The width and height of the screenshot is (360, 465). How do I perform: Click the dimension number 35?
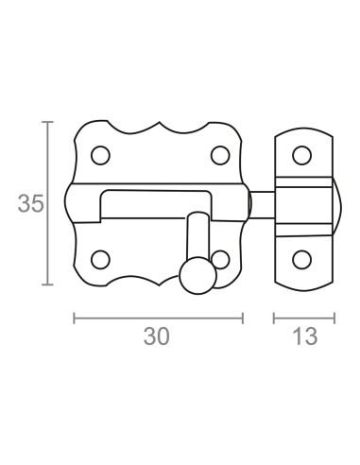[30, 203]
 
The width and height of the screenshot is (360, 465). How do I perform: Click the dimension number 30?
[157, 336]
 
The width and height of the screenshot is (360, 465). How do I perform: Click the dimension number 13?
[305, 336]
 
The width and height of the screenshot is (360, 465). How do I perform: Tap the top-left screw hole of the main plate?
[100, 155]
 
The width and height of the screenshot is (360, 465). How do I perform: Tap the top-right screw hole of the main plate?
[220, 155]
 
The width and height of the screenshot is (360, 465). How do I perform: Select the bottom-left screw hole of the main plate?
[100, 260]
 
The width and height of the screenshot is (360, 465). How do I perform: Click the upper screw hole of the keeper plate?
[301, 155]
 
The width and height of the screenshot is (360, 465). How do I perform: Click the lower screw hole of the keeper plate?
[301, 260]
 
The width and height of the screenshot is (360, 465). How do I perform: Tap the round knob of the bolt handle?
[198, 276]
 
